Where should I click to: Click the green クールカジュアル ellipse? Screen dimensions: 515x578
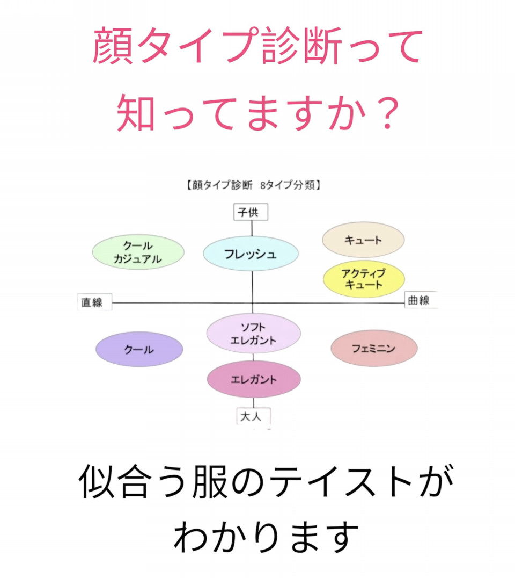[x=138, y=252]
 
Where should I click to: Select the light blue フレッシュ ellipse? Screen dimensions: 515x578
[x=251, y=254]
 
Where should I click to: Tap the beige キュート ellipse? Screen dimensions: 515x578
[x=363, y=240]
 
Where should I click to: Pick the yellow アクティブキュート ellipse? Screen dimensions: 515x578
[x=364, y=279]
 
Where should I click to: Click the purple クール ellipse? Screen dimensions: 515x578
[x=139, y=349]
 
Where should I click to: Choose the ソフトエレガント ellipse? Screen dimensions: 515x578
[x=253, y=333]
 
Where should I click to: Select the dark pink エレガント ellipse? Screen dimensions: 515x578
[x=254, y=379]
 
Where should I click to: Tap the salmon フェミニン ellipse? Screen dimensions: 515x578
[x=374, y=348]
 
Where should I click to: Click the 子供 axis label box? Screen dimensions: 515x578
[x=251, y=212]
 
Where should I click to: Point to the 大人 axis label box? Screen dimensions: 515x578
[x=253, y=416]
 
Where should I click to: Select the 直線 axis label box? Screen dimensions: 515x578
[x=94, y=302]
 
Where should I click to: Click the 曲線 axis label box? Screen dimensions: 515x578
[x=421, y=300]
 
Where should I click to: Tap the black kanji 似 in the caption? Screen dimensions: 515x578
[x=97, y=481]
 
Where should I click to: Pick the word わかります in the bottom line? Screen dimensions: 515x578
[x=266, y=536]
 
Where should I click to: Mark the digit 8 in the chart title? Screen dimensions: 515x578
[x=263, y=185]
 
